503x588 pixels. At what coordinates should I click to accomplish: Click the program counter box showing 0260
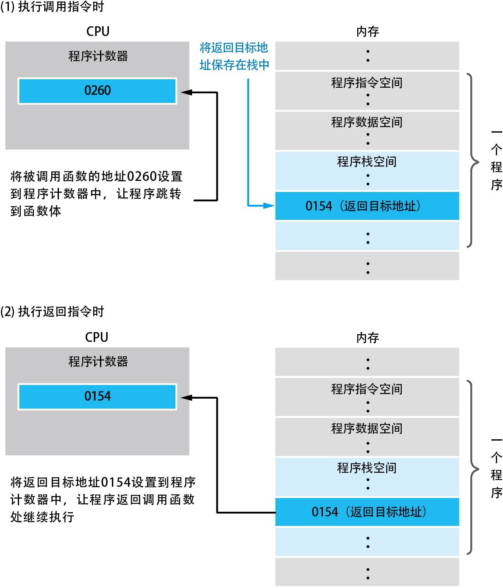(97, 91)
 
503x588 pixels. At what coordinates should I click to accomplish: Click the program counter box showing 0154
(97, 397)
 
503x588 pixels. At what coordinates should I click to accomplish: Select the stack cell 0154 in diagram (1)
(367, 206)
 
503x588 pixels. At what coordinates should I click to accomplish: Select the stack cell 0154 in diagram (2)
(367, 512)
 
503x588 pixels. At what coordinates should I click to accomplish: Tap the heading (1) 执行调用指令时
(52, 7)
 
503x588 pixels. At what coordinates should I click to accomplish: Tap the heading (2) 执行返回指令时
(52, 312)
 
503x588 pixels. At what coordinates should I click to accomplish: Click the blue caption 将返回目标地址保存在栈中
(234, 56)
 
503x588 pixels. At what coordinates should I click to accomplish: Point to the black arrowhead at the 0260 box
(186, 92)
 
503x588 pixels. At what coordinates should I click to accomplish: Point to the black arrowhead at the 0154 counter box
(186, 398)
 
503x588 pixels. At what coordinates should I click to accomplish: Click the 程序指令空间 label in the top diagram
(367, 83)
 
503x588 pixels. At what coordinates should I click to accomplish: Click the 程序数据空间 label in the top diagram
(367, 122)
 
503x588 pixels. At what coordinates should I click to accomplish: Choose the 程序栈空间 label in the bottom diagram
(367, 468)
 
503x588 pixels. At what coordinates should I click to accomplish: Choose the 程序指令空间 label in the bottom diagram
(367, 389)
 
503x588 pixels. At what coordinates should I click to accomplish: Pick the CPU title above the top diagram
(97, 31)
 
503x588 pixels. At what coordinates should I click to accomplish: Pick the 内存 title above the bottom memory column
(367, 338)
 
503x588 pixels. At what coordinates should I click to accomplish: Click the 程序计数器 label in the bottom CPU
(98, 361)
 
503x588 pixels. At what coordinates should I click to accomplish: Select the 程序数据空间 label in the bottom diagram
(367, 428)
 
